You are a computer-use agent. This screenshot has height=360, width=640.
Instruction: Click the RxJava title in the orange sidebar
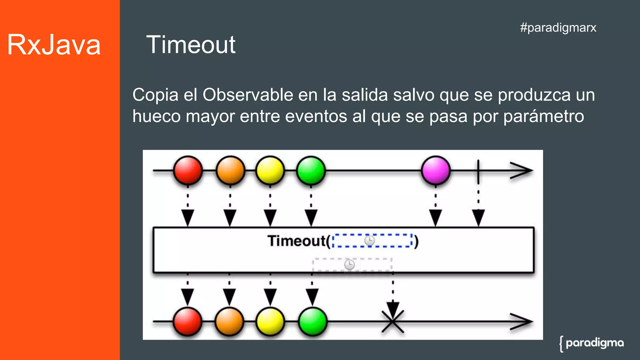click(x=54, y=45)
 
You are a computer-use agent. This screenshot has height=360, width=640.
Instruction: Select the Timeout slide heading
click(x=191, y=45)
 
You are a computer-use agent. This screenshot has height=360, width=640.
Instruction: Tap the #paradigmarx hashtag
click(x=558, y=27)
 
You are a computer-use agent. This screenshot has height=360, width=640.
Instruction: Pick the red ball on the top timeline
click(x=188, y=170)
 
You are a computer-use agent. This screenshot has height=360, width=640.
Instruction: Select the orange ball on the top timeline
click(x=230, y=170)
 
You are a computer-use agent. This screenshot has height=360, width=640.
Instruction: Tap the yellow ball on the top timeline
click(x=270, y=170)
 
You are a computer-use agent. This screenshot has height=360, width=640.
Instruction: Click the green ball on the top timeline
click(x=311, y=170)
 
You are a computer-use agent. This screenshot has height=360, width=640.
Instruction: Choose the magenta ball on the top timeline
click(x=436, y=170)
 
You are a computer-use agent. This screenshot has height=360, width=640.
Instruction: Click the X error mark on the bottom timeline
click(x=393, y=321)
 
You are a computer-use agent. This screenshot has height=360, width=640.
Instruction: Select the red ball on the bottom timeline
click(x=187, y=321)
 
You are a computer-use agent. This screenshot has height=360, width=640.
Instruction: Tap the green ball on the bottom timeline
click(x=312, y=321)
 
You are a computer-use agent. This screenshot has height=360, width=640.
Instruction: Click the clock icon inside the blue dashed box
click(x=369, y=241)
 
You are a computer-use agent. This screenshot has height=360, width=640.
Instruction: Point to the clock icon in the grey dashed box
click(x=349, y=265)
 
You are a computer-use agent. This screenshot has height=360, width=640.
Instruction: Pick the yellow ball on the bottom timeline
click(x=270, y=321)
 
